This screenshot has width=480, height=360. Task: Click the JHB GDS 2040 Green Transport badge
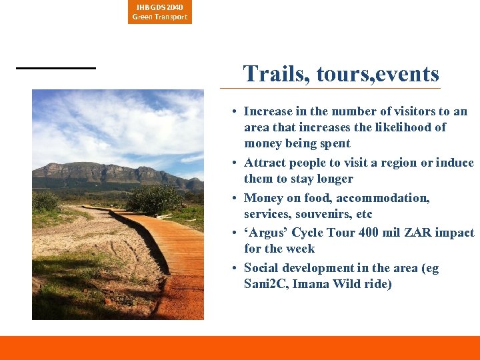(160, 12)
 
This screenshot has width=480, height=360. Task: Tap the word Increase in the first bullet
(267, 111)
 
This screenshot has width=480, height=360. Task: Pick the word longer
(333, 179)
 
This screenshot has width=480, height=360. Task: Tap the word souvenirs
(316, 214)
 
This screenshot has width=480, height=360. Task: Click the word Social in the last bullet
(261, 268)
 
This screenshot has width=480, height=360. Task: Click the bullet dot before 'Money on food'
(236, 199)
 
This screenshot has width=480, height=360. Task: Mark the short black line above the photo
(56, 67)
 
